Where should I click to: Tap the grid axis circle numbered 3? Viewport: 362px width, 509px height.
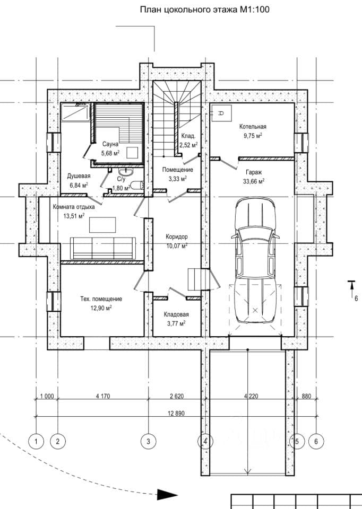[x=149, y=442]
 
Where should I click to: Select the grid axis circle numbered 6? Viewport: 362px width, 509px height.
[x=316, y=442]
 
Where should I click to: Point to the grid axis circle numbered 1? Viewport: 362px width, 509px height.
[x=36, y=442]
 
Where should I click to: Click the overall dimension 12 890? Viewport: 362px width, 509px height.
[x=176, y=414]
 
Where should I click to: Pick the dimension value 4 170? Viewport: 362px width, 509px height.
[x=103, y=396]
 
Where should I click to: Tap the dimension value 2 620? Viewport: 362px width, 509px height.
[x=177, y=396]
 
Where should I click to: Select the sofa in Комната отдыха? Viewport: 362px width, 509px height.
[x=103, y=248]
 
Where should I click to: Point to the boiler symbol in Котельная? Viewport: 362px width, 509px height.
[x=221, y=113]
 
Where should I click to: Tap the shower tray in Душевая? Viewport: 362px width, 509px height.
[x=75, y=112]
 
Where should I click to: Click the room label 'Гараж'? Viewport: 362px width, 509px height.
[x=254, y=172]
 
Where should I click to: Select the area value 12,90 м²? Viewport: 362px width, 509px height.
[x=101, y=308]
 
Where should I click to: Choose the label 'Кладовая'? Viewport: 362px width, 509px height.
[x=176, y=314]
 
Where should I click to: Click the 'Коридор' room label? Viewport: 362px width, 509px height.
[x=176, y=236]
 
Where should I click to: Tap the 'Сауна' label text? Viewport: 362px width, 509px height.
[x=110, y=144]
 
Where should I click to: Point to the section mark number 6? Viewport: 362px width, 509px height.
[x=356, y=299]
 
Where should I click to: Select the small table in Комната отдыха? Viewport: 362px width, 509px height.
[x=102, y=225]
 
